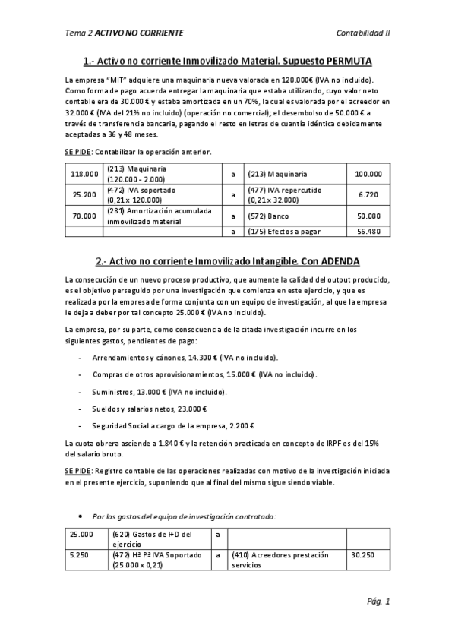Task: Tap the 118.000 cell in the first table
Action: (x=84, y=174)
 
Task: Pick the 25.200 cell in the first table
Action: (x=84, y=194)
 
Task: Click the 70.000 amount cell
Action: (x=84, y=215)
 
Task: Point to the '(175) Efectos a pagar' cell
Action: (x=286, y=231)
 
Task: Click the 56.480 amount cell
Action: (x=368, y=231)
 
